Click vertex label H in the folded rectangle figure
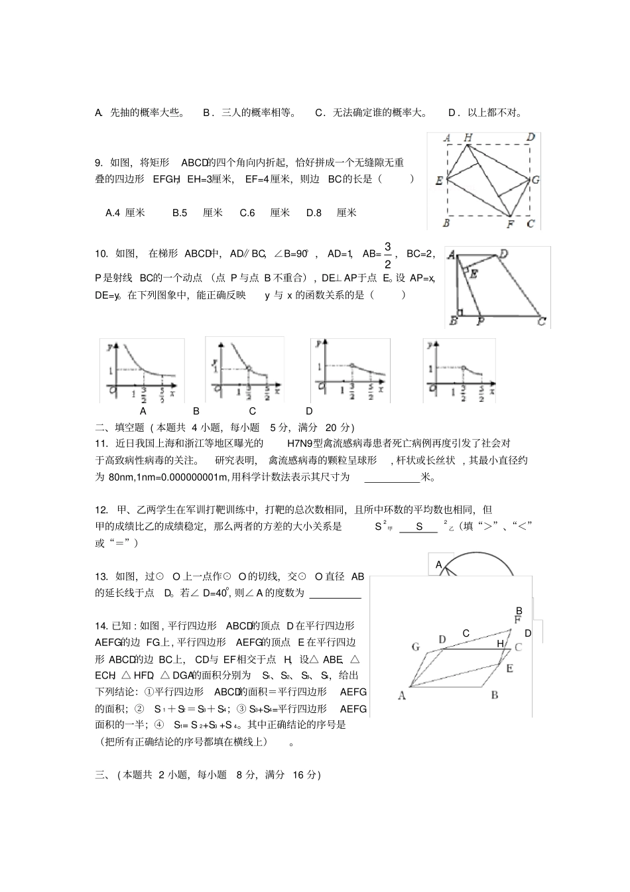468,137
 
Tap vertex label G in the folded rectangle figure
535,180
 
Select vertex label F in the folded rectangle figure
510,224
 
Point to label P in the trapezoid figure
480,322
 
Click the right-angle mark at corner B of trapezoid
460,312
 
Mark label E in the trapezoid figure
473,272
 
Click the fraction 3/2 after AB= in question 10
388,255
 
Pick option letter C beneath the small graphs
253,411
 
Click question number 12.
101,510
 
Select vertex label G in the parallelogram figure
416,647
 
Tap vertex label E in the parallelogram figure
509,669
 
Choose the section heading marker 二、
101,428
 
